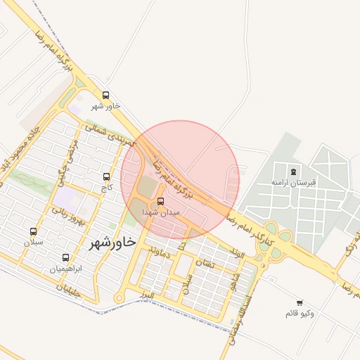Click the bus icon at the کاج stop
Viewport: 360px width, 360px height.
(106, 176)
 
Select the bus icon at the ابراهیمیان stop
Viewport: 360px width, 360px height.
(66, 257)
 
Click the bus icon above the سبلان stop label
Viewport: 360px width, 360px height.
(33, 231)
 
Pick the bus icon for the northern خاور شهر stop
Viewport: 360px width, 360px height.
(105, 95)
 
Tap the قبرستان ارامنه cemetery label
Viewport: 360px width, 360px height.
(295, 182)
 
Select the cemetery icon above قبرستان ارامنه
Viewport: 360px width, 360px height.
(293, 171)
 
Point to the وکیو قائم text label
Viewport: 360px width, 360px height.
(300, 312)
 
